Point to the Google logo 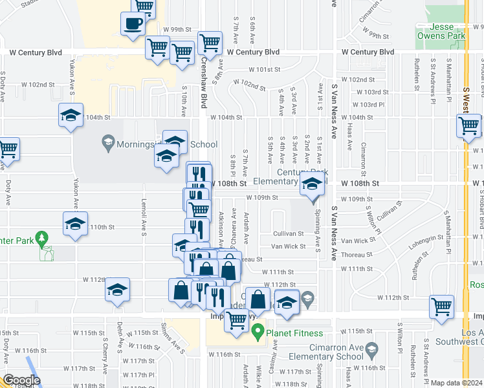21,380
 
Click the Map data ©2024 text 457,383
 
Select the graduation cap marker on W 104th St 71,116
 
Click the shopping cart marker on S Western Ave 469,125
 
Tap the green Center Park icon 43,240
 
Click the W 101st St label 265,69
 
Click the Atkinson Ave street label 221,226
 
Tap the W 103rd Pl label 371,104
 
